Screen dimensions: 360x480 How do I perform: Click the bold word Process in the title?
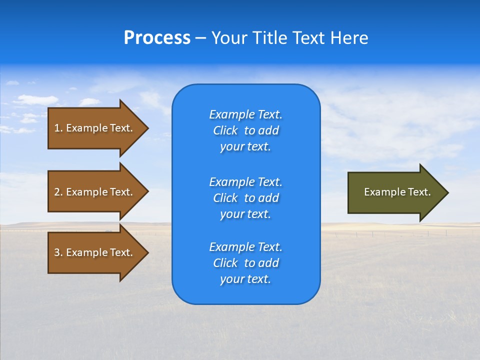157,38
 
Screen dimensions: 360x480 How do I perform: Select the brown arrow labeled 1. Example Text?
95,128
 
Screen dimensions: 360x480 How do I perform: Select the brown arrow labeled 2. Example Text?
95,192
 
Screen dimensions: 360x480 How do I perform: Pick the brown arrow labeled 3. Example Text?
95,252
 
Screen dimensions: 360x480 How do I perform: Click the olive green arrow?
395,192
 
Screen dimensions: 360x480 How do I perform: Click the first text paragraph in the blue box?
245,130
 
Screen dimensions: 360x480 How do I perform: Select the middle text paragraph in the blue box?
245,198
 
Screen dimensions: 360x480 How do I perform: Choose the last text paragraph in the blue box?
245,263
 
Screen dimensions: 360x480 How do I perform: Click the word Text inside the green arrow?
419,192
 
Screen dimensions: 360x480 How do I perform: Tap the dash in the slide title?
200,38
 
